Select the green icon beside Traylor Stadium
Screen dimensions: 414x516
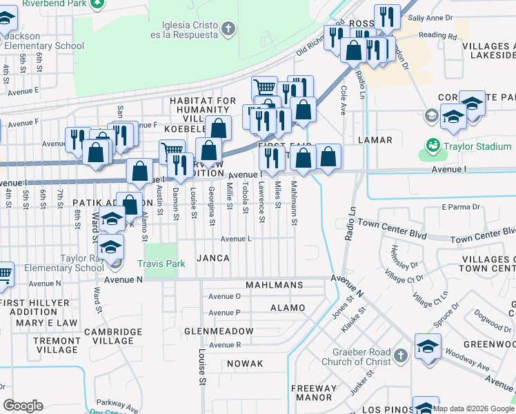tap(433, 146)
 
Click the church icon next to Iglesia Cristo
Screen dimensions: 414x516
tap(230, 28)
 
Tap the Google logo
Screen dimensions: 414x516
tap(23, 406)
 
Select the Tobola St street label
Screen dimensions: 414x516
tap(245, 194)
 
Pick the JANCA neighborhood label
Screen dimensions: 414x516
tap(212, 257)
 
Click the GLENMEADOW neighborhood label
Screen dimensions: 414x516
tap(219, 331)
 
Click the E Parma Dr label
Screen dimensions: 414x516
tap(460, 206)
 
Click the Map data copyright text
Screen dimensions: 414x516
tap(473, 408)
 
